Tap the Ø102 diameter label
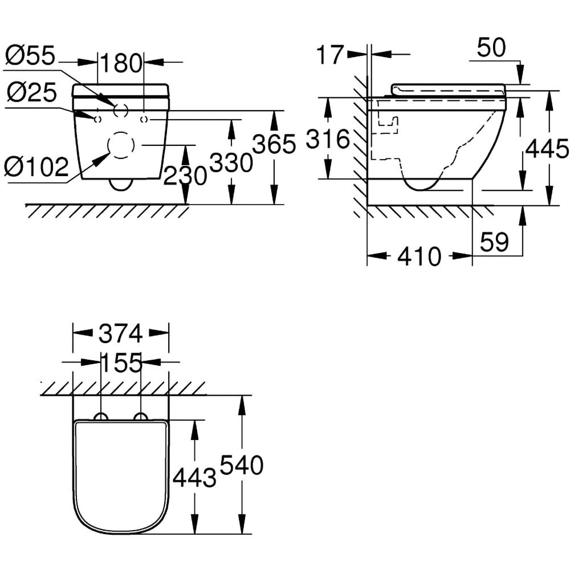tap(36, 166)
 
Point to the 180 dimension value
tap(121, 63)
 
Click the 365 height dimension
tap(275, 144)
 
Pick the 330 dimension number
tap(231, 164)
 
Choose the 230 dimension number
tap(185, 176)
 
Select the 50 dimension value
tap(491, 48)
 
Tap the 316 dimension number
tap(328, 139)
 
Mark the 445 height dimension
tap(547, 149)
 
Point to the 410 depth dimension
tap(420, 257)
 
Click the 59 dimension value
tap(494, 242)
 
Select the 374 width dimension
tap(121, 334)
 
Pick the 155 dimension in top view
tap(121, 363)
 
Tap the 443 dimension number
tap(194, 478)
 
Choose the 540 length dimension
tap(242, 466)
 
